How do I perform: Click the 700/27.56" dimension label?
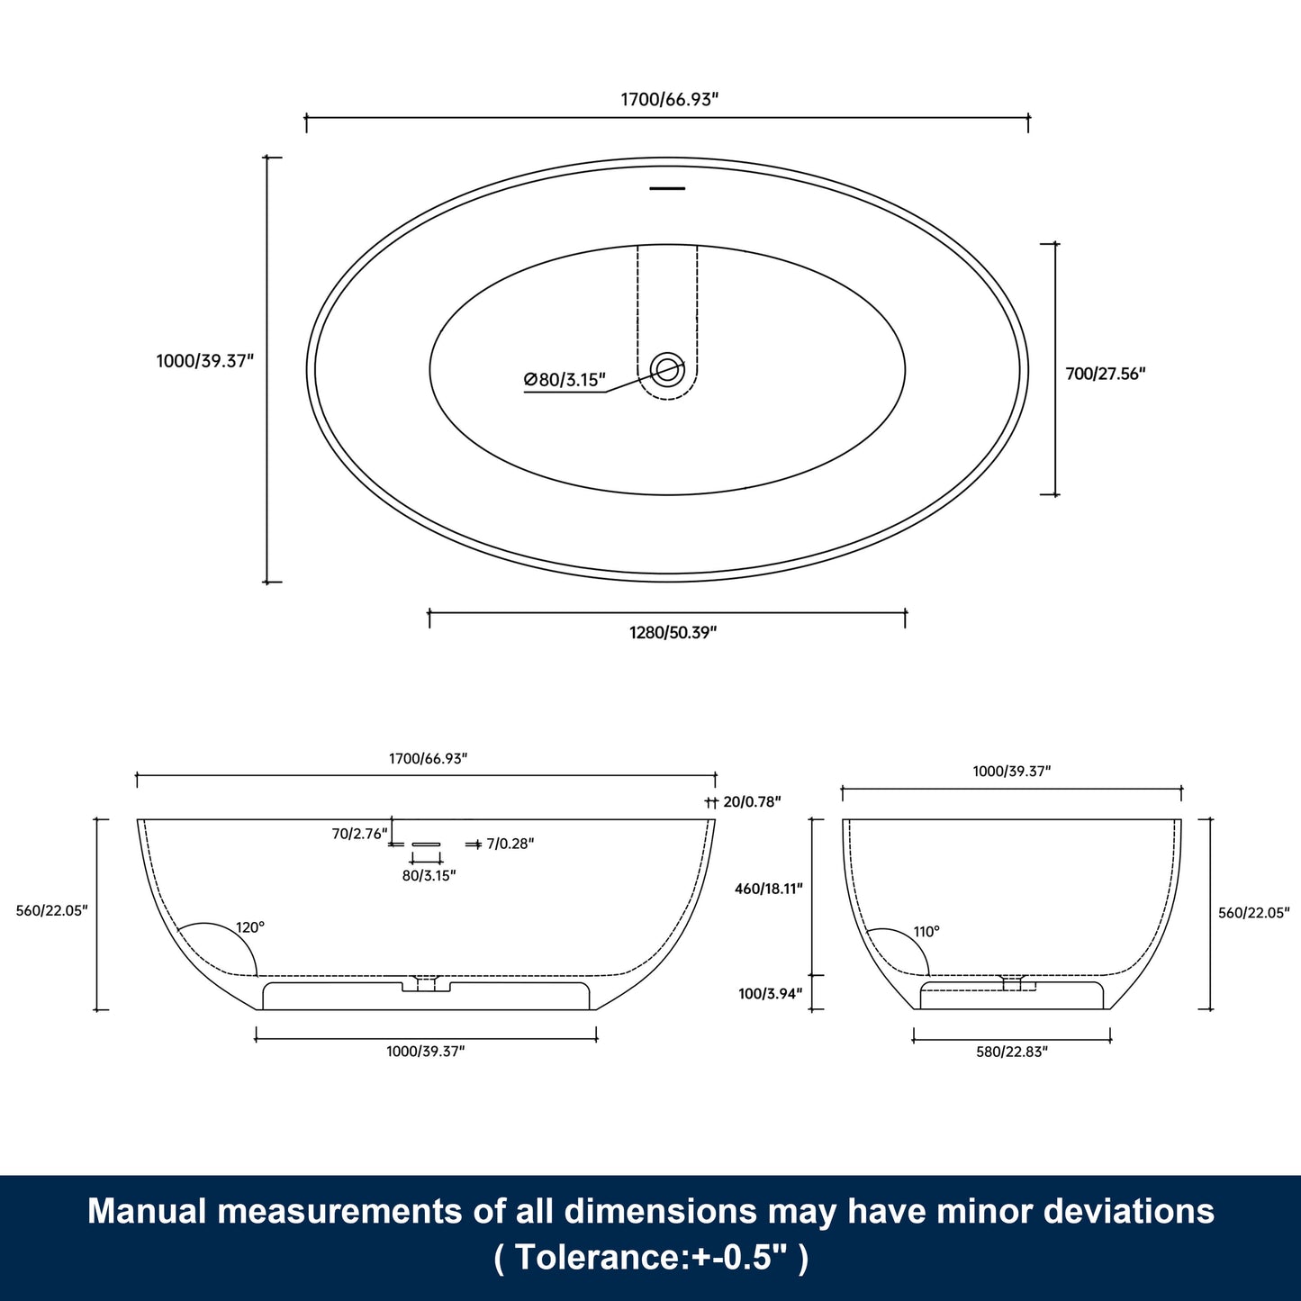coord(1105,374)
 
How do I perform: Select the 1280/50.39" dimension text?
coord(673,632)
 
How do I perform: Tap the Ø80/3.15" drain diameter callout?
coord(565,380)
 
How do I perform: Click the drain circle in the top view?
coord(667,369)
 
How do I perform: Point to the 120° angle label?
coord(250,927)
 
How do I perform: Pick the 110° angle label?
coord(926,932)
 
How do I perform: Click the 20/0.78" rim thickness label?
coord(752,801)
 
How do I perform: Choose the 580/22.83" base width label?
coord(1012,1052)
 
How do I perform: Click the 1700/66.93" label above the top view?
coord(669,99)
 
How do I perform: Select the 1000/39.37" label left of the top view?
coord(205,361)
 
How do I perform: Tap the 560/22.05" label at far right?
coord(1253,913)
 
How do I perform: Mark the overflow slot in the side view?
coord(426,844)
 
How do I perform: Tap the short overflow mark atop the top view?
coord(667,188)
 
